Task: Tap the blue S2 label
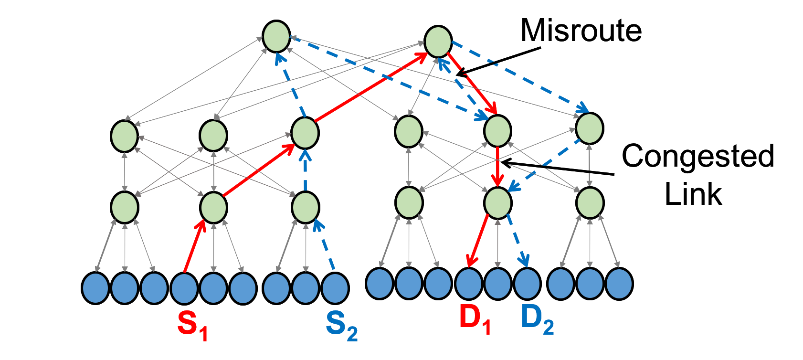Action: click(341, 326)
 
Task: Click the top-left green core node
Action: click(276, 37)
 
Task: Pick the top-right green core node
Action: click(438, 42)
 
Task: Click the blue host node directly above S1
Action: click(184, 288)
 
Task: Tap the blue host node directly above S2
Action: click(335, 288)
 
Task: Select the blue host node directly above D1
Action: click(469, 284)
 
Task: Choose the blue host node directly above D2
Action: click(528, 284)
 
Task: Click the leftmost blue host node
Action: click(95, 288)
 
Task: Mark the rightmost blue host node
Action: click(619, 284)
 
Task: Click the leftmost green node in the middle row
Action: click(125, 136)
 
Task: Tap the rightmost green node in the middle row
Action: click(590, 128)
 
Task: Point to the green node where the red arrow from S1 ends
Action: click(213, 208)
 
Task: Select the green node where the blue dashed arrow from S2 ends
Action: click(306, 208)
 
